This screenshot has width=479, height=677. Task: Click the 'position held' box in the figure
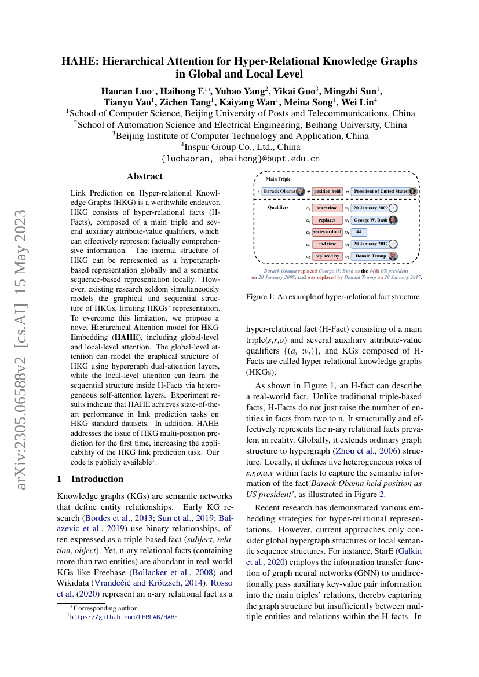(327, 191)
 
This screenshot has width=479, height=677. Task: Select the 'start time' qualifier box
(327, 208)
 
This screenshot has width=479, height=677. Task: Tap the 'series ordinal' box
(327, 232)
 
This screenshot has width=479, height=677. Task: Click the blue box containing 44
(359, 232)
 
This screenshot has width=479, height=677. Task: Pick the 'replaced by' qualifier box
(327, 256)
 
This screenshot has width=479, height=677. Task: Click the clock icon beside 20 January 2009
(393, 208)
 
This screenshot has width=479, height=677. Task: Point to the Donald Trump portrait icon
(393, 256)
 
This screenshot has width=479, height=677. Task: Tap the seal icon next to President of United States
(412, 191)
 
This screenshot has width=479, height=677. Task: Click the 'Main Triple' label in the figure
(279, 179)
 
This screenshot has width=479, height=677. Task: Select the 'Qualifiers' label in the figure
(279, 207)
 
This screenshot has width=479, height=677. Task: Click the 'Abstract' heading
(145, 176)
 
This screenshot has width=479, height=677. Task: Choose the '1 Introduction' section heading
(90, 479)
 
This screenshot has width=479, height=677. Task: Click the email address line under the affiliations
(240, 159)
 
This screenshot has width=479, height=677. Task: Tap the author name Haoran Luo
(126, 91)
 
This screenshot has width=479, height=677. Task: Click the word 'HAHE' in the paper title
(79, 61)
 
